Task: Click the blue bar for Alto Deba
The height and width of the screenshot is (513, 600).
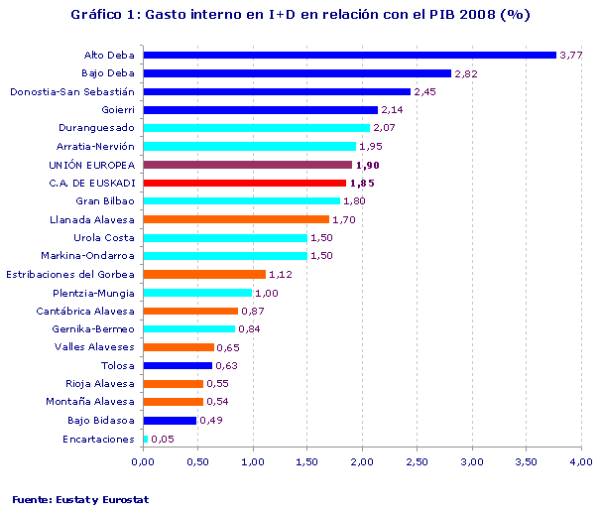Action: pos(349,55)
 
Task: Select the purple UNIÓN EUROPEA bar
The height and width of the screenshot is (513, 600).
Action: pos(247,165)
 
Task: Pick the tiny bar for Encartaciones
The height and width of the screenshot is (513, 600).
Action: pos(146,439)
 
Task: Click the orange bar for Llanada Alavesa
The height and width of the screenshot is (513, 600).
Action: pos(236,219)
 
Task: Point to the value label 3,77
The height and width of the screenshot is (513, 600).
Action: pos(571,55)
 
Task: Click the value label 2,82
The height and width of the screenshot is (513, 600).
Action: pos(467,73)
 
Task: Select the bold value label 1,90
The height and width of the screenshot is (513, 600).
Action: pos(367,165)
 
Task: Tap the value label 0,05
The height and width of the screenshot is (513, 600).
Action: pos(164,439)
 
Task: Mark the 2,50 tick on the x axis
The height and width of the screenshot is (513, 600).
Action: pos(417,461)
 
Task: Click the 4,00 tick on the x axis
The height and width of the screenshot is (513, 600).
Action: pos(581,461)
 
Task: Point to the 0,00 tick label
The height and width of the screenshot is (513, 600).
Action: pos(144,461)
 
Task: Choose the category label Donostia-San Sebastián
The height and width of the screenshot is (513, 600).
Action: pos(71,91)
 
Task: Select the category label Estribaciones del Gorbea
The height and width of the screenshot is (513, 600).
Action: pos(70,274)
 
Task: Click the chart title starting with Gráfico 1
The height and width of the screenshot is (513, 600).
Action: pos(300,15)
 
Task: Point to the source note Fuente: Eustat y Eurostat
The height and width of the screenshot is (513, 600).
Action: pos(80,499)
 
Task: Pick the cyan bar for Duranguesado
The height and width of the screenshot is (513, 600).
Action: pos(257,128)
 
